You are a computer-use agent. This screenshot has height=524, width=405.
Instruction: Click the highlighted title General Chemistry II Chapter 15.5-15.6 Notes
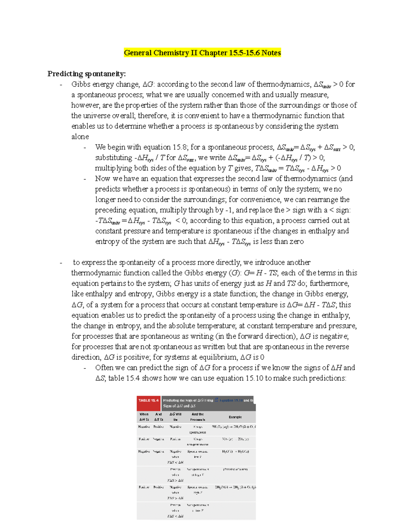click(202, 53)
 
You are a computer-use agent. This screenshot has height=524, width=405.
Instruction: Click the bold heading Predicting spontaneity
click(86, 74)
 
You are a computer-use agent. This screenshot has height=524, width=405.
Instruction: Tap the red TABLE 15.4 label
click(148, 401)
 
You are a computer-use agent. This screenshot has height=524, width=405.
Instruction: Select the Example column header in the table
click(235, 417)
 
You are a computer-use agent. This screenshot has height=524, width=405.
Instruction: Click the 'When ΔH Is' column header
click(144, 417)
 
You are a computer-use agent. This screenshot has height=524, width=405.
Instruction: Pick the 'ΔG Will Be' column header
click(175, 417)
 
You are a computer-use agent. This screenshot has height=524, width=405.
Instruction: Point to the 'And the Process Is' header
click(197, 417)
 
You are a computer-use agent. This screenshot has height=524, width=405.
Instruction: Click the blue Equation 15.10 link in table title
click(231, 401)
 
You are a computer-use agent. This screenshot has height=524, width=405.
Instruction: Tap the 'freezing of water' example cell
click(235, 469)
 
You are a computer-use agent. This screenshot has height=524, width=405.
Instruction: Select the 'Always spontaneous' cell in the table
click(197, 430)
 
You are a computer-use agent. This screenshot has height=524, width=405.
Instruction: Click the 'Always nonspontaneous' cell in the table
click(197, 442)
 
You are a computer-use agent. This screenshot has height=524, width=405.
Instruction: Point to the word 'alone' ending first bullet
click(80, 137)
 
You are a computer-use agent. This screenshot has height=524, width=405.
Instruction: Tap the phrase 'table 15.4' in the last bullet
click(124, 378)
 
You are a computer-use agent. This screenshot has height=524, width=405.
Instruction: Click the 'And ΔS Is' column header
click(158, 417)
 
